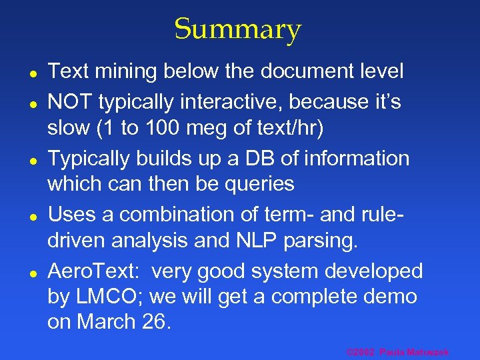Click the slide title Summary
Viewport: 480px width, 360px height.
(x=238, y=29)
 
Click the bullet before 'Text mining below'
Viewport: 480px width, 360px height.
(x=31, y=70)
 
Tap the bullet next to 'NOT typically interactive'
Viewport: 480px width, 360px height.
(x=31, y=103)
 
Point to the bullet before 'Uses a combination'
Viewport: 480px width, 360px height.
(x=31, y=215)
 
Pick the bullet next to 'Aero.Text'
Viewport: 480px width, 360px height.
(x=31, y=272)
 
